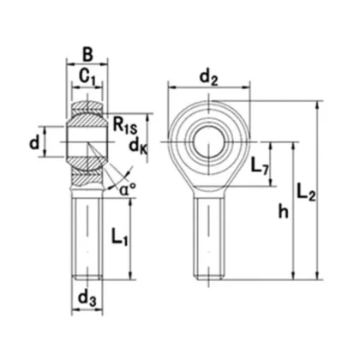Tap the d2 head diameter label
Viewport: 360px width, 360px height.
[x=207, y=78]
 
